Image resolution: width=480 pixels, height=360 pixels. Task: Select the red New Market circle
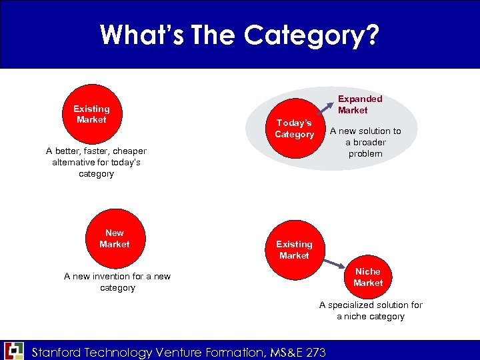(x=115, y=239)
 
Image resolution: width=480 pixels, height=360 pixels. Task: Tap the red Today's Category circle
(x=294, y=129)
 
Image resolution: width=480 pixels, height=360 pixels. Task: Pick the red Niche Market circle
(x=368, y=277)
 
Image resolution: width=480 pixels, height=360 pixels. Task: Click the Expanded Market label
(x=360, y=104)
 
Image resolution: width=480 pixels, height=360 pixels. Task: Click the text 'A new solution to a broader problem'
(x=365, y=142)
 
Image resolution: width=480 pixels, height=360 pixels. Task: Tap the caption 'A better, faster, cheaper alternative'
(x=96, y=162)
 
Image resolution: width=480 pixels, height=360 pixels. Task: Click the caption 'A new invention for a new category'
(x=117, y=282)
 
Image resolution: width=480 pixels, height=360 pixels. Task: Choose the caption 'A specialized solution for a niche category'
(x=371, y=311)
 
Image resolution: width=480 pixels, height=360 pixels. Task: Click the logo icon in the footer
(x=13, y=351)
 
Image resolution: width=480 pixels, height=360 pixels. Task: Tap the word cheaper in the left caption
(x=124, y=151)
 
